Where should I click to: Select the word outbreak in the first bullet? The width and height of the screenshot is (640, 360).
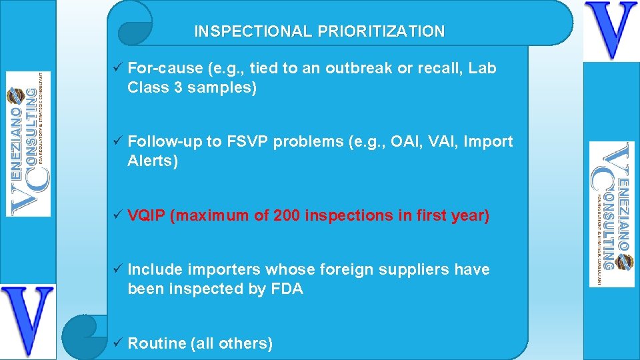pos(360,68)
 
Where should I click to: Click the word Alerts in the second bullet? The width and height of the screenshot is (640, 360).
pos(153,161)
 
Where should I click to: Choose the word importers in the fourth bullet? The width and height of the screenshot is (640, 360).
pos(220,270)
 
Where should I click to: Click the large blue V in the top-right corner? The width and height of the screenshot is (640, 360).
pos(611,30)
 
